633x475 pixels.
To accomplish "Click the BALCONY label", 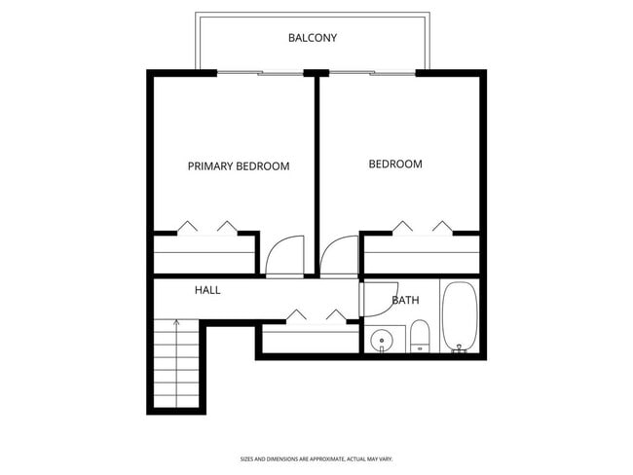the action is tap(313, 38).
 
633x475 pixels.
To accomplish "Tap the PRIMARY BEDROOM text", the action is tap(239, 166).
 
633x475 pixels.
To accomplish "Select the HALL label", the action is tap(207, 290).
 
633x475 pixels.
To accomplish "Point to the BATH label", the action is tap(405, 300).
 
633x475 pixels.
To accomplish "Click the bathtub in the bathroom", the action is tap(460, 316).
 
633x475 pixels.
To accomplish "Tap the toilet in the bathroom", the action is tap(420, 336).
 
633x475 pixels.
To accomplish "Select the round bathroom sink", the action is tap(381, 340).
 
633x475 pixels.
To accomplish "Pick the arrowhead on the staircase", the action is tap(176, 321).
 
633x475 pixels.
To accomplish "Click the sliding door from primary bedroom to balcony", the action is tap(260, 73).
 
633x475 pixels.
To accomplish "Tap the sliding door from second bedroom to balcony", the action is tap(372, 73).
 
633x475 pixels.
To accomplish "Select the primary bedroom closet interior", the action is tap(205, 255).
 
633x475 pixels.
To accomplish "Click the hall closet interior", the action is tap(311, 339).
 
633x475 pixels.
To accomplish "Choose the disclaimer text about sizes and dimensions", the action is tap(316, 458).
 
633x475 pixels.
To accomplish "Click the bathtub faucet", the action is tap(459, 348).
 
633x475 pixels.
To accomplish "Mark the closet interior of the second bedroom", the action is tap(422, 255).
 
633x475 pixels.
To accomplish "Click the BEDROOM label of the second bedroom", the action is tap(395, 164).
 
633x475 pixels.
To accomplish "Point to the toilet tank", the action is tap(420, 347).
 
